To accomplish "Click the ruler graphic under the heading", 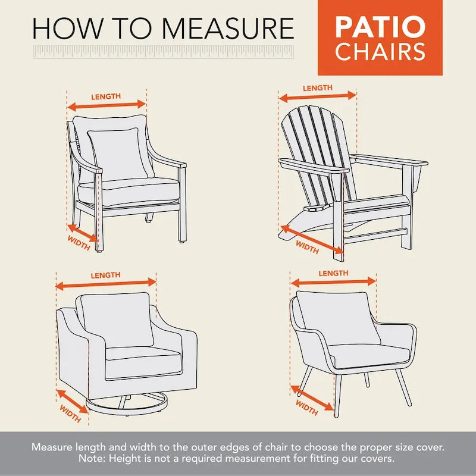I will point(164,52).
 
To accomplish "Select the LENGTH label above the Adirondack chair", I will point(317,88).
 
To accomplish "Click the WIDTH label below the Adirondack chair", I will point(307,246).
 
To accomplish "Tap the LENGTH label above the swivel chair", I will point(105,275).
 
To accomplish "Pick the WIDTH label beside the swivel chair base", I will point(70,414).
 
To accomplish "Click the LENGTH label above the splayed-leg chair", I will point(333,273).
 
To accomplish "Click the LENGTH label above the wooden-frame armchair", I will point(106,96).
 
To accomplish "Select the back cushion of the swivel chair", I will point(113,320).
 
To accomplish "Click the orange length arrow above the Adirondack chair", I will point(318,96).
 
